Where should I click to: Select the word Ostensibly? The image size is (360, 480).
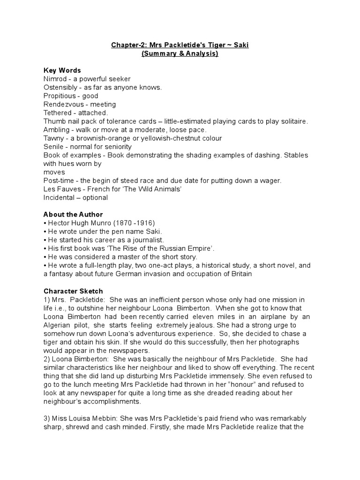(62, 87)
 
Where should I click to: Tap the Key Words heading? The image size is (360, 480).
(62, 70)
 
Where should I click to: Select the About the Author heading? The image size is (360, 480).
(73, 214)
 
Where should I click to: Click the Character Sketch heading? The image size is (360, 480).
(73, 291)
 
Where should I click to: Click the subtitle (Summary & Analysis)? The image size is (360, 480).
(180, 53)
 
